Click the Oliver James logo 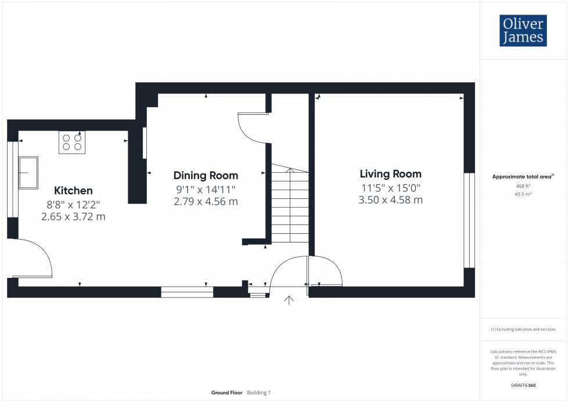tap(522, 31)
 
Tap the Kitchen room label tap(73, 190)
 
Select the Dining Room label tap(206, 175)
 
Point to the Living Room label tap(391, 173)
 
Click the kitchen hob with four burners tap(72, 142)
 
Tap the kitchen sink tap(28, 172)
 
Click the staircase tap(289, 205)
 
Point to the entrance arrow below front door tap(289, 300)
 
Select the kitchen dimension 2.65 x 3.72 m tap(73, 217)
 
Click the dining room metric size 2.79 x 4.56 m tap(206, 201)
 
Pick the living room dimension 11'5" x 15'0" tap(391, 187)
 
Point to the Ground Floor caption tap(227, 393)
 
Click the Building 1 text tap(259, 393)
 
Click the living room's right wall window tap(466, 220)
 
